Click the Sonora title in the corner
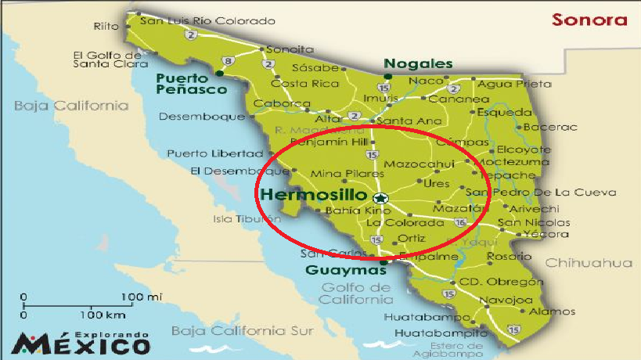(x=589, y=20)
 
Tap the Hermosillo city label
(x=315, y=194)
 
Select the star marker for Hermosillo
(x=380, y=198)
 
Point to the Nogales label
(x=418, y=64)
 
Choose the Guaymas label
(x=345, y=271)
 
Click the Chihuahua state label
(x=589, y=263)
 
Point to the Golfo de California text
(x=356, y=293)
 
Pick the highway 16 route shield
(x=461, y=223)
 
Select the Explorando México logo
(x=82, y=341)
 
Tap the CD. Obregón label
(x=500, y=282)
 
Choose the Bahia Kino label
(x=347, y=211)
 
